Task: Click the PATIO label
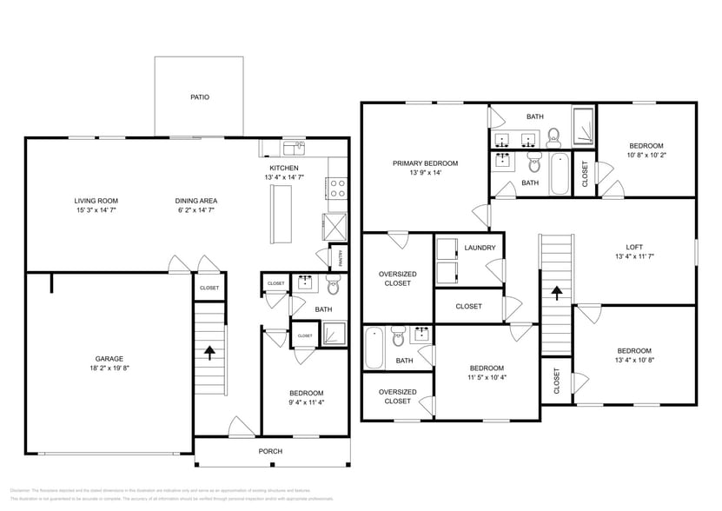tap(200, 97)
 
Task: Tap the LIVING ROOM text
tap(96, 201)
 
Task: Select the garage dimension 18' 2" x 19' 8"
tap(109, 368)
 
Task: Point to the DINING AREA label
tap(196, 201)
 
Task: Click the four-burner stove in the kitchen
tap(336, 189)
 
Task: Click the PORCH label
tap(270, 451)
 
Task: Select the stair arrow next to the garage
tap(209, 352)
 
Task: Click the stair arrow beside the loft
tap(556, 295)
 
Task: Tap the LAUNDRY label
tap(480, 248)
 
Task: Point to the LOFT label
tap(634, 246)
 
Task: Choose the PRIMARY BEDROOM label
tap(425, 163)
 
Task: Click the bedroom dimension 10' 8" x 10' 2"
tap(646, 156)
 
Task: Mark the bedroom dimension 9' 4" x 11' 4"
tap(306, 402)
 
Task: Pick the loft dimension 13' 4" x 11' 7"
tap(634, 256)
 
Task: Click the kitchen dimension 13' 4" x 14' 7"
tap(284, 177)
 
